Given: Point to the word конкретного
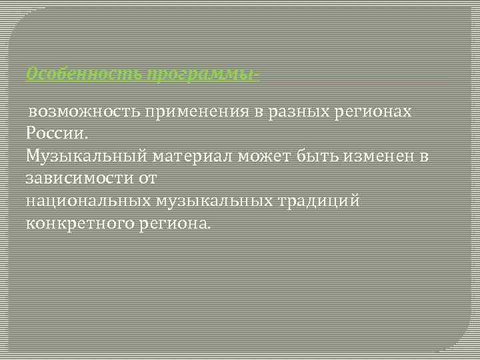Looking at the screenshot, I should [x=79, y=223].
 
